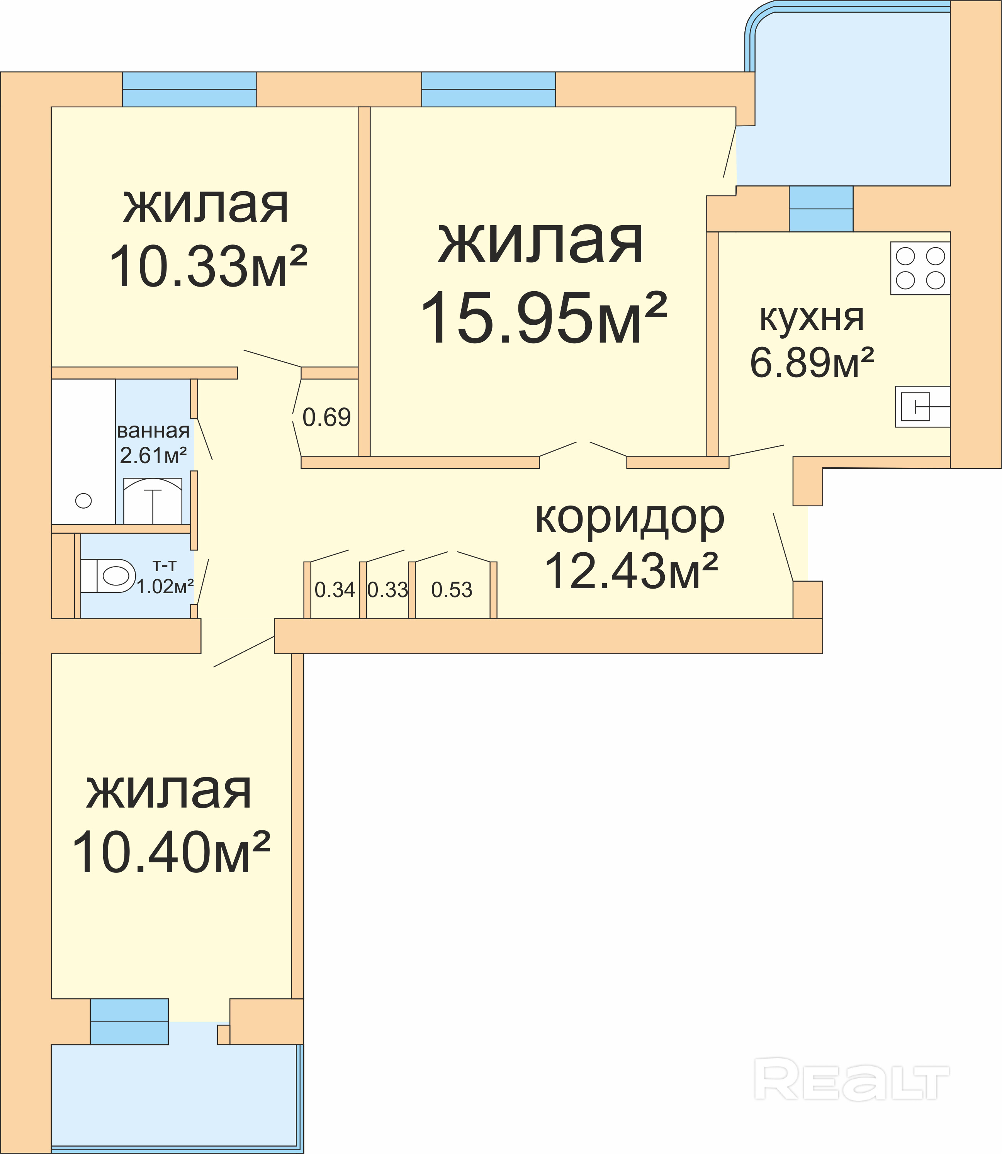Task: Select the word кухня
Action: pyautogui.click(x=812, y=319)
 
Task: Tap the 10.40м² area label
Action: pyautogui.click(x=171, y=852)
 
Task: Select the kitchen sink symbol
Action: pyautogui.click(x=922, y=406)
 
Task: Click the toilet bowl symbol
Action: pyautogui.click(x=108, y=576)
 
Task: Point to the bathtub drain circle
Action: pyautogui.click(x=83, y=501)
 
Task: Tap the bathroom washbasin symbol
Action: pyautogui.click(x=153, y=501)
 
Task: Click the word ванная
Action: pyautogui.click(x=153, y=431)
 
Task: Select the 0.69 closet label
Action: pyautogui.click(x=326, y=417)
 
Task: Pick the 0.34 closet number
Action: pyautogui.click(x=335, y=590)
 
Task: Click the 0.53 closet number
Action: pyautogui.click(x=452, y=590)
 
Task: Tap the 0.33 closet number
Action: pyautogui.click(x=388, y=590)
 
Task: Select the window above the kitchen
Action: pyautogui.click(x=821, y=209)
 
